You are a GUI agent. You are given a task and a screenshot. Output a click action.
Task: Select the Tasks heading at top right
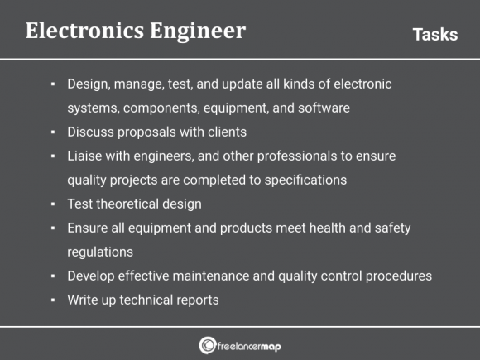click(x=434, y=34)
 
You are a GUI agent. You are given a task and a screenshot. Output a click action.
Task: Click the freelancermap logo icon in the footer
click(x=206, y=345)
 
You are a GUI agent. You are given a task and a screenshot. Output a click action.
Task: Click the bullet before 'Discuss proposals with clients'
click(x=53, y=132)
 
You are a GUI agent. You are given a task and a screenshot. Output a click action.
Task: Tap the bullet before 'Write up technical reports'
click(x=53, y=300)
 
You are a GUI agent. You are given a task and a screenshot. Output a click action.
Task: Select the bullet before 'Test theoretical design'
click(x=53, y=204)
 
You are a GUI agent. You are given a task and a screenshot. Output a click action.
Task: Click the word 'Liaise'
click(x=86, y=156)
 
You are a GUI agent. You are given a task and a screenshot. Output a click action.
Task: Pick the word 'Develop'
click(x=91, y=276)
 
